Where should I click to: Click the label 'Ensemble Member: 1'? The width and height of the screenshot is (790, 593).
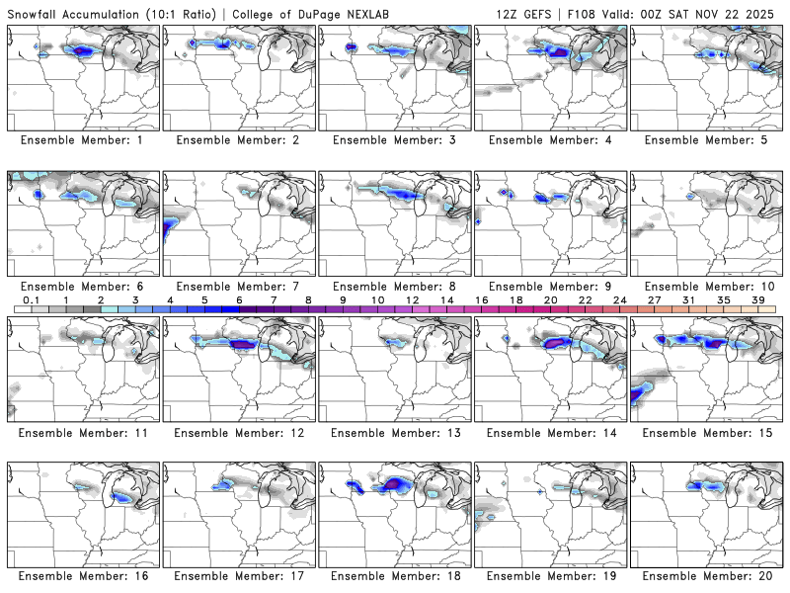(84, 139)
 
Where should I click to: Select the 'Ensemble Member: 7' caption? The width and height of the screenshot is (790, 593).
(240, 286)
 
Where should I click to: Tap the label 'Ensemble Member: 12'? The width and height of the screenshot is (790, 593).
(240, 432)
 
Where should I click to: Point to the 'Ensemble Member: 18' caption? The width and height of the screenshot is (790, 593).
(395, 576)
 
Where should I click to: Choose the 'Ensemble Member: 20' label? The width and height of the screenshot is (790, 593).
(707, 576)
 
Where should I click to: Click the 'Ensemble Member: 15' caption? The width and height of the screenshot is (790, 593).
(707, 432)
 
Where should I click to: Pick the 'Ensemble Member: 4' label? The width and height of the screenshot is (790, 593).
(551, 139)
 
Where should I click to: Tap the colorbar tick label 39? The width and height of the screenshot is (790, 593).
(757, 299)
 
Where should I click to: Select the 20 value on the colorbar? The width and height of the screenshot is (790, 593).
(550, 299)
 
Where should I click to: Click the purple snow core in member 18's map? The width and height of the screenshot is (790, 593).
(396, 483)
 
